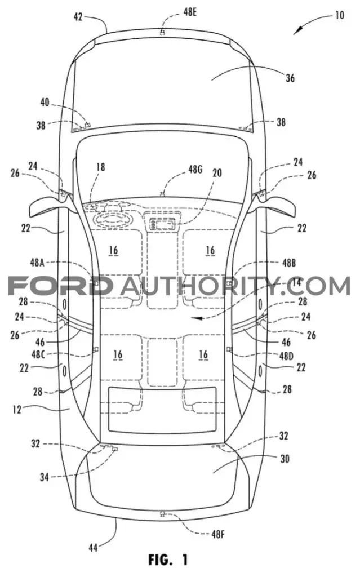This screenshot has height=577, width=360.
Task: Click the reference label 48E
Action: click(x=190, y=12)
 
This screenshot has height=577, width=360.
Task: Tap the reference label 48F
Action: click(x=218, y=534)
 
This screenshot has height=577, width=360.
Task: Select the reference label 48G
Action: click(x=195, y=170)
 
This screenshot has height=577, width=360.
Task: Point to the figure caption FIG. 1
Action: click(x=168, y=560)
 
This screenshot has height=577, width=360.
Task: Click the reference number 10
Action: click(x=339, y=15)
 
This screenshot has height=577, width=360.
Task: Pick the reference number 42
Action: click(x=78, y=16)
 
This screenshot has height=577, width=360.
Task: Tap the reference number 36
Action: click(x=290, y=78)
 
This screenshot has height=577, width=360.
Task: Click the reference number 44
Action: click(x=93, y=548)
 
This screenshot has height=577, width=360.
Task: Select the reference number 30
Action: click(x=285, y=459)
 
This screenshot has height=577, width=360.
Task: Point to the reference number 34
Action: click(x=45, y=477)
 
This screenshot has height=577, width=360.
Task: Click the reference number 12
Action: click(x=16, y=409)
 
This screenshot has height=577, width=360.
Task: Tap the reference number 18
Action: click(x=100, y=167)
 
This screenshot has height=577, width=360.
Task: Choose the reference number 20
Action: click(x=217, y=172)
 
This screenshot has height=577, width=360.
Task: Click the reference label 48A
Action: click(x=37, y=263)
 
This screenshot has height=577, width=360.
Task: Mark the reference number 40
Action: click(x=45, y=102)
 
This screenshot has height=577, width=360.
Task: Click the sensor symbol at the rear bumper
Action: click(x=162, y=514)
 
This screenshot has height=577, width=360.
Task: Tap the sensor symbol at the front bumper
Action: click(x=162, y=32)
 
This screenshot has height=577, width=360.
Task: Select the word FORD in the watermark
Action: click(x=60, y=286)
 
